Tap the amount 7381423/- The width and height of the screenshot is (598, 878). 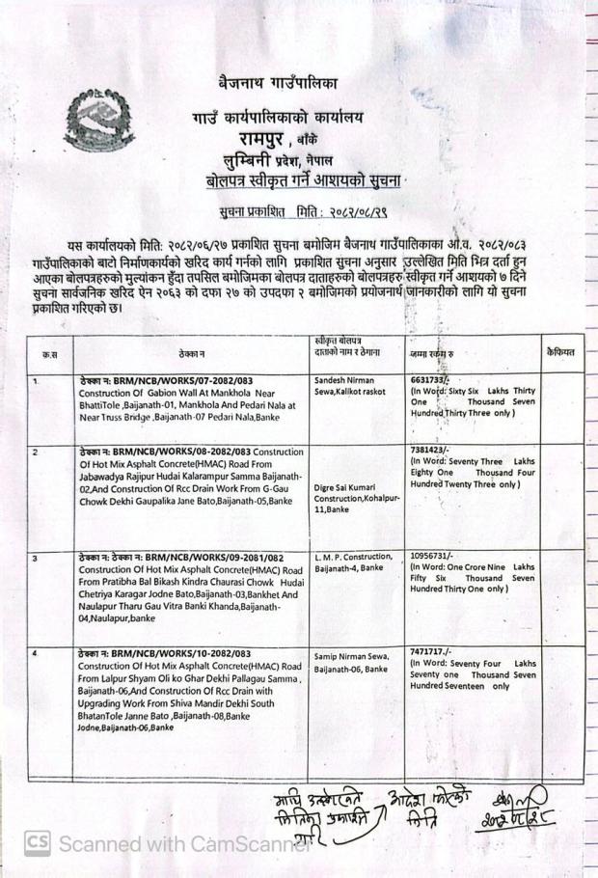(429, 450)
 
